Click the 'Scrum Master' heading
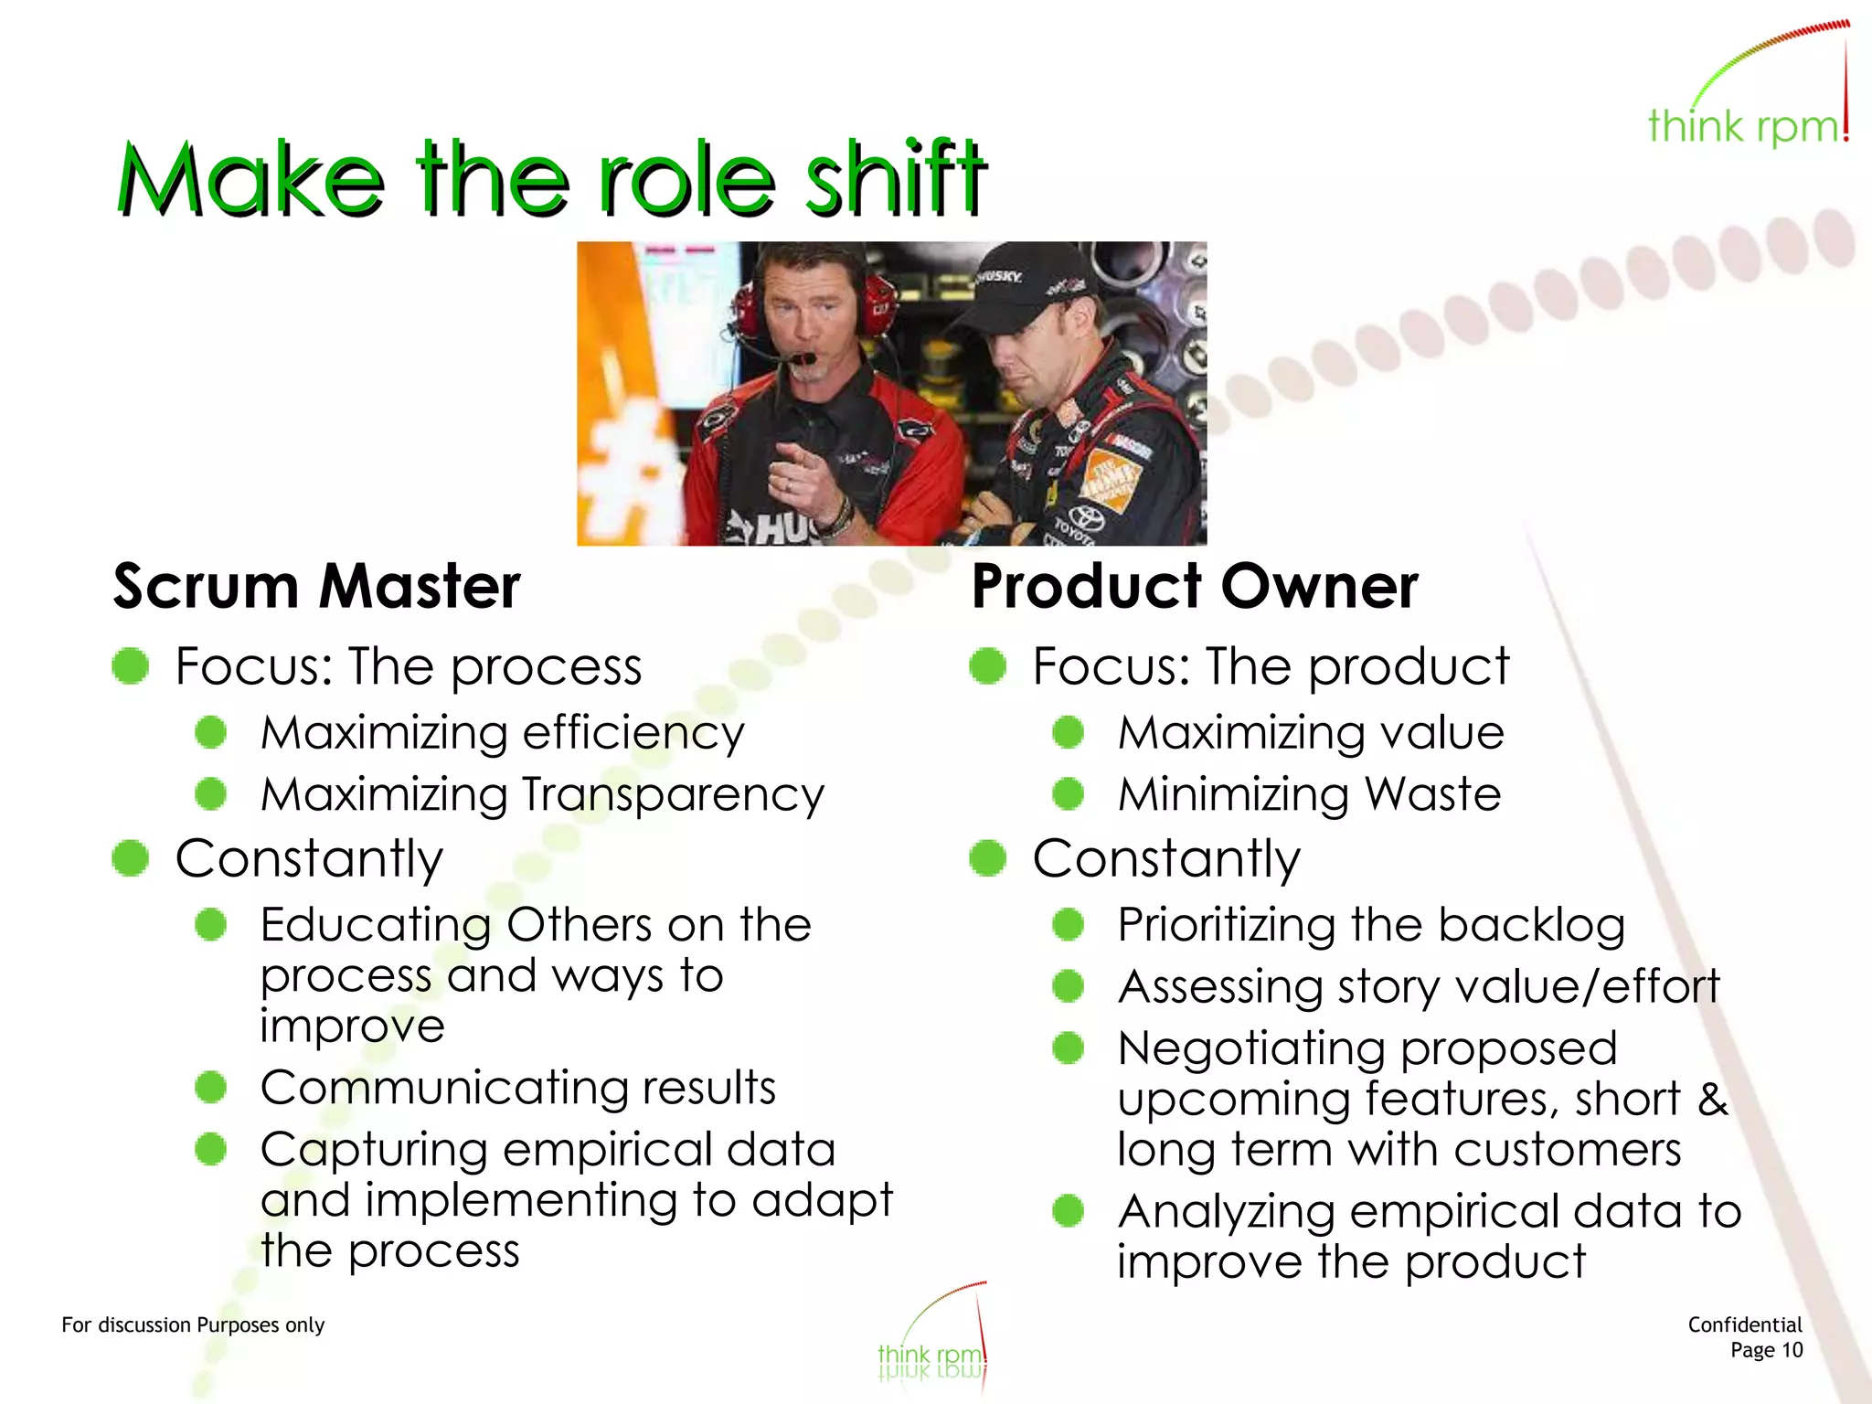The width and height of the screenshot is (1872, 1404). click(x=316, y=586)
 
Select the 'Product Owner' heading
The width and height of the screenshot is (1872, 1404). click(x=1194, y=586)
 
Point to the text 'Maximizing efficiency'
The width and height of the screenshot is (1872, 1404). click(x=502, y=733)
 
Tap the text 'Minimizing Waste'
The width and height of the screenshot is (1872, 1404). click(x=1309, y=793)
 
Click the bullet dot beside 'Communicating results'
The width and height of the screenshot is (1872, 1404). click(x=211, y=1087)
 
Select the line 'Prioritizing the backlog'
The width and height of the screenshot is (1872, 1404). click(x=1371, y=925)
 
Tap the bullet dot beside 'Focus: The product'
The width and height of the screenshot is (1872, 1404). click(x=987, y=665)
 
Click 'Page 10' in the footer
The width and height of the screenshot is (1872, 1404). click(x=1766, y=1350)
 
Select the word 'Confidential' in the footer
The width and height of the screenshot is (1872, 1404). click(x=1744, y=1324)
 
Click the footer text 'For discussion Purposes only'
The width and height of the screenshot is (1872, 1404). click(x=193, y=1324)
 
